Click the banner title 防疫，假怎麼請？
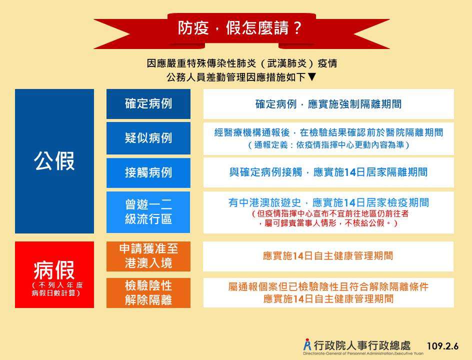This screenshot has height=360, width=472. [239, 28]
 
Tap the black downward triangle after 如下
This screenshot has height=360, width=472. [312, 77]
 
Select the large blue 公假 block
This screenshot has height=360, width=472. [54, 161]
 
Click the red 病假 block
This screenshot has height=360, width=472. [54, 274]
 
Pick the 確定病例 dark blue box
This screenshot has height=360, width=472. [148, 104]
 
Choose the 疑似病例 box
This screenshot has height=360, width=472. [148, 138]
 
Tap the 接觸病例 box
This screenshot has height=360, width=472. [148, 173]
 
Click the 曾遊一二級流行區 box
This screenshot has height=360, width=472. [148, 212]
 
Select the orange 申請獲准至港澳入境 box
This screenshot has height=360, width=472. [148, 256]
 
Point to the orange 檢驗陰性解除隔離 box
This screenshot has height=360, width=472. [148, 293]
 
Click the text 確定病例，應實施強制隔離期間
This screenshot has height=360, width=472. [328, 104]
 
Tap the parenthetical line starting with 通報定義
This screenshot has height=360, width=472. [328, 145]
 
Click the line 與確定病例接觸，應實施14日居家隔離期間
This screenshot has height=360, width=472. [328, 172]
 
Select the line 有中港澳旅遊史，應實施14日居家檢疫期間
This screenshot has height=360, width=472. [328, 202]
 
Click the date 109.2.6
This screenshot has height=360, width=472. [443, 346]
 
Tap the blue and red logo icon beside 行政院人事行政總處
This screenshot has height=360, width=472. [307, 344]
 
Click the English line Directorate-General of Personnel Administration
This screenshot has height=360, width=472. [363, 353]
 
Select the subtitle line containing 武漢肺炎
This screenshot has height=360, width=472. [241, 63]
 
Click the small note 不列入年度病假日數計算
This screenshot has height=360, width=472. [57, 289]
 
